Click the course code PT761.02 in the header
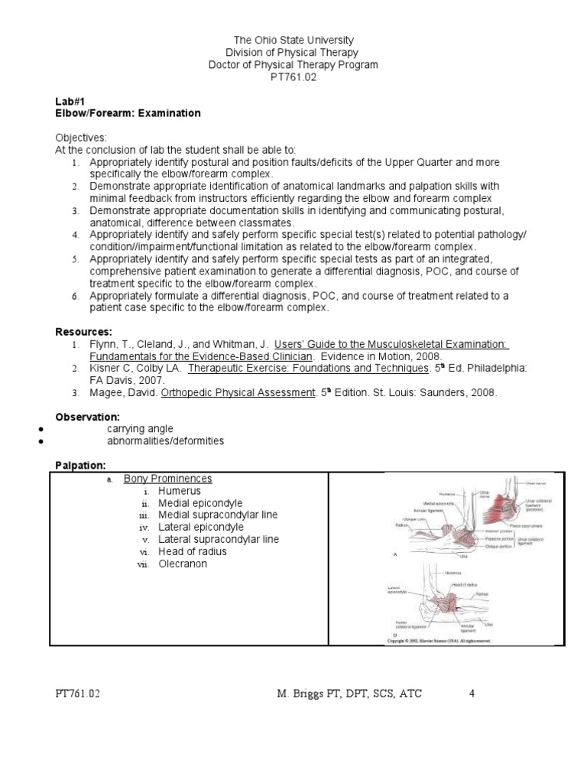pyautogui.click(x=293, y=78)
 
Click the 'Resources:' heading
pyautogui.click(x=83, y=332)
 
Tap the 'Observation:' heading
pyautogui.click(x=87, y=417)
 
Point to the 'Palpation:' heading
pyautogui.click(x=81, y=465)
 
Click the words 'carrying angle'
pyautogui.click(x=140, y=429)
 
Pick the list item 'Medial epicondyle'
pyautogui.click(x=200, y=503)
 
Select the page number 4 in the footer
pyautogui.click(x=472, y=694)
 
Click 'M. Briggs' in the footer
pyautogui.click(x=300, y=694)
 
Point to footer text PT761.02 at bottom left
pyautogui.click(x=78, y=694)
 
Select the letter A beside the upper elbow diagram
pyautogui.click(x=394, y=555)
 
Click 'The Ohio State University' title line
pyautogui.click(x=293, y=39)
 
